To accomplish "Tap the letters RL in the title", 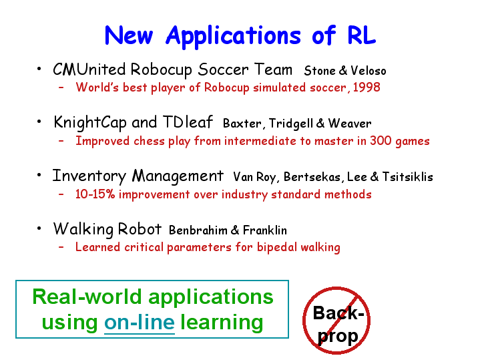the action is [362, 35].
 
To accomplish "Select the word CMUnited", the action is [89, 69].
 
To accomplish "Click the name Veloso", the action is [369, 71].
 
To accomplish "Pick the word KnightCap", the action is [90, 123].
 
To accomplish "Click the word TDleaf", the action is [188, 122].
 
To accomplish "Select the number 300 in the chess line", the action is [381, 141].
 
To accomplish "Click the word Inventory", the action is [89, 176].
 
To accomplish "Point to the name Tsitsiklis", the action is [407, 177].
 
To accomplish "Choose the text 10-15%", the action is [95, 194].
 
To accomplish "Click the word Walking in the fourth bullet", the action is [83, 229].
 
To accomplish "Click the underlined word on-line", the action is [140, 323].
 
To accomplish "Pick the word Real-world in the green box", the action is [87, 297].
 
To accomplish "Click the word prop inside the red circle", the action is [338, 337].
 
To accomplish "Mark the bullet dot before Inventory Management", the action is [39, 175].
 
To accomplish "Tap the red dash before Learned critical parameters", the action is [61, 247].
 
